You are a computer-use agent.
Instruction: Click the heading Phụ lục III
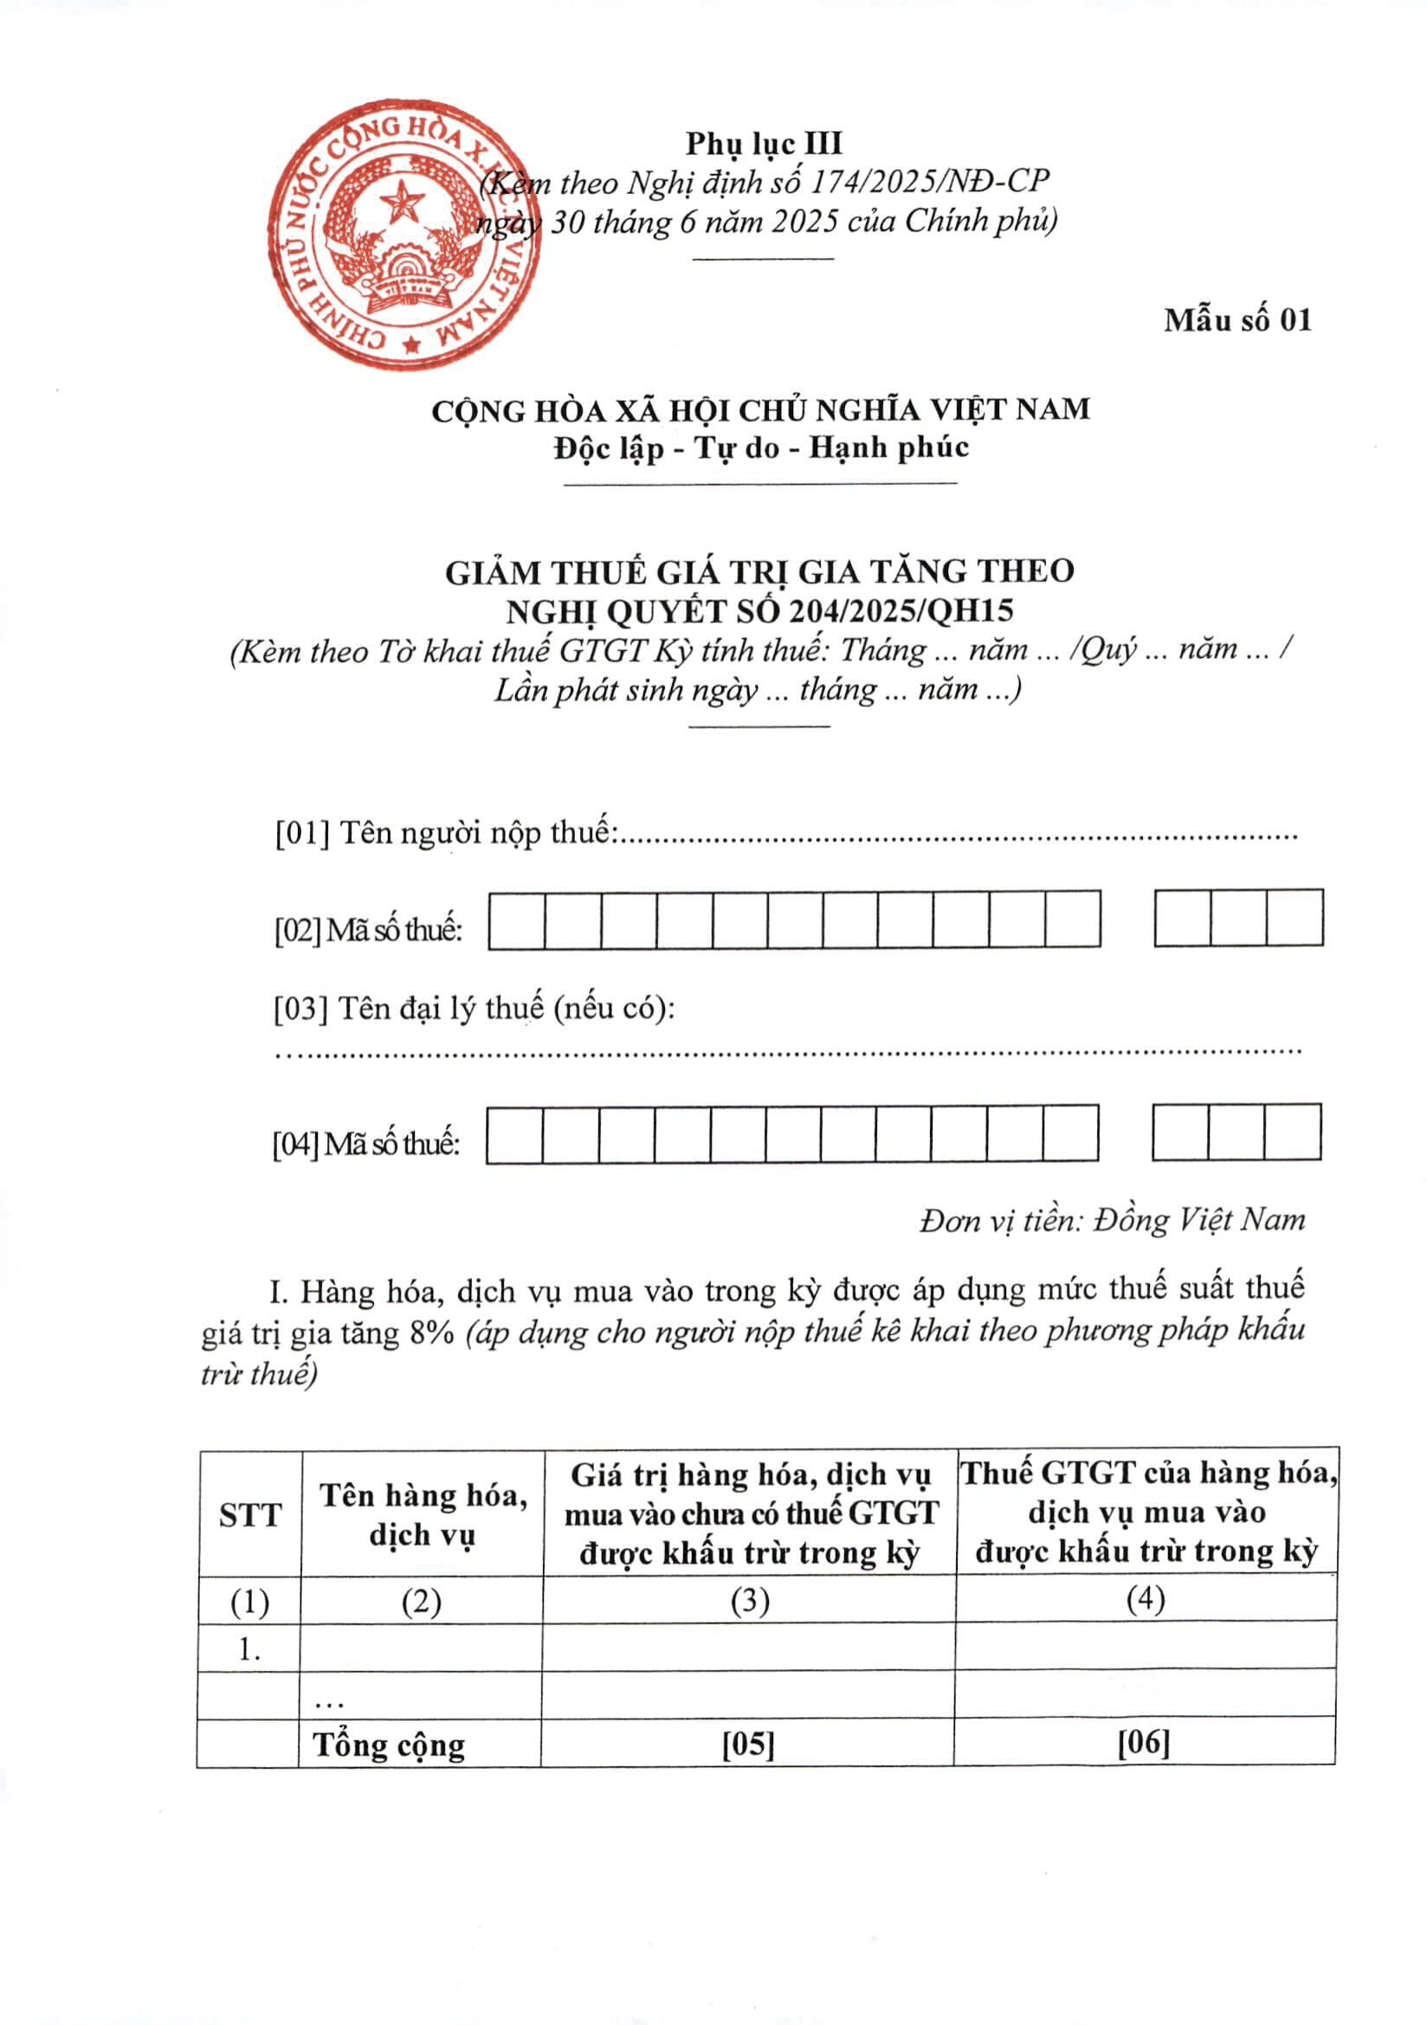pyautogui.click(x=764, y=143)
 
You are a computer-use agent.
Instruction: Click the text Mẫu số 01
pyautogui.click(x=1237, y=319)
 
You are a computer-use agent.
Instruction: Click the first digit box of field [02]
pyautogui.click(x=517, y=920)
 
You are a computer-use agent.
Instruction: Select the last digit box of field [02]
pyautogui.click(x=1295, y=918)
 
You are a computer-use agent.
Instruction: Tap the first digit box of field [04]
pyautogui.click(x=515, y=1133)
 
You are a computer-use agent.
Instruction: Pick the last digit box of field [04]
pyautogui.click(x=1292, y=1132)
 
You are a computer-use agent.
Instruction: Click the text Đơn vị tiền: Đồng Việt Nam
pyautogui.click(x=1111, y=1220)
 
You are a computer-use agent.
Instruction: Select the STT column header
pyautogui.click(x=250, y=1515)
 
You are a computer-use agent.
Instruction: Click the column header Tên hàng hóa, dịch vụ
pyautogui.click(x=423, y=1514)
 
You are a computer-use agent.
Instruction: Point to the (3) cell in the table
pyautogui.click(x=750, y=1601)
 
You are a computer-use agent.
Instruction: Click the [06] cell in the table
pyautogui.click(x=1144, y=1742)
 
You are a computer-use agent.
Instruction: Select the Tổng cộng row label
pyautogui.click(x=389, y=1744)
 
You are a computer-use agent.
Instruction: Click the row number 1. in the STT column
pyautogui.click(x=249, y=1649)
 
